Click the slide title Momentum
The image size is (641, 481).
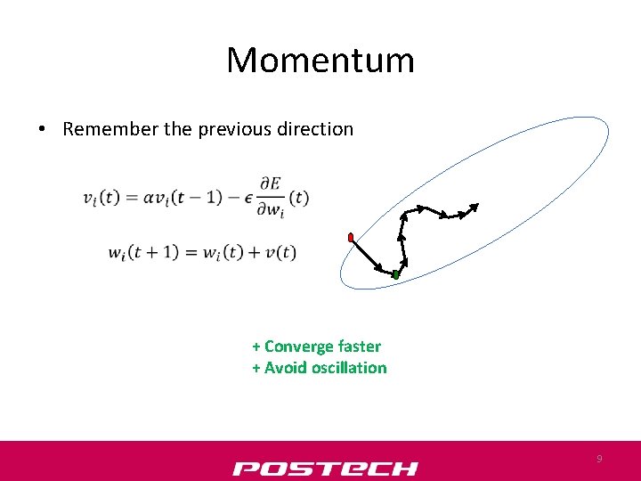tap(320, 61)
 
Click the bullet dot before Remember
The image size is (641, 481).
tap(42, 130)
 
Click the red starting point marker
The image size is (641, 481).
tap(352, 237)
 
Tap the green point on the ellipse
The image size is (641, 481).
tap(395, 275)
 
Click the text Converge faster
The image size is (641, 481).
tap(321, 346)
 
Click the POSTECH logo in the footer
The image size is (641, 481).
tap(324, 468)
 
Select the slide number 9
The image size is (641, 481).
tap(599, 459)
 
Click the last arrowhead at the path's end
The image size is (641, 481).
tap(474, 208)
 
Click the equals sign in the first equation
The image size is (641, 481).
tap(131, 198)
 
